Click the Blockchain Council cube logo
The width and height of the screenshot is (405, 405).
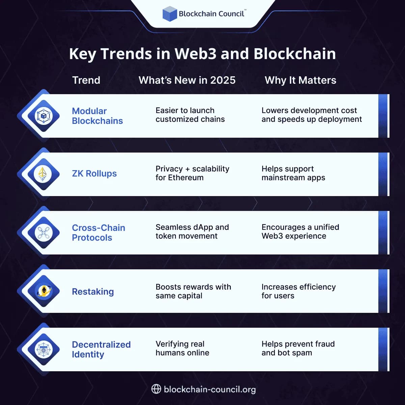[x=170, y=14]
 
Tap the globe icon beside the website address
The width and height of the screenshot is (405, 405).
[x=156, y=389]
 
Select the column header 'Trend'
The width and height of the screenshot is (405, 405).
[x=86, y=80]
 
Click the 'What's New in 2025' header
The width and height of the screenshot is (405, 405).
[x=187, y=80]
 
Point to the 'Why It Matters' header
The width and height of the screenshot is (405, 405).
[x=300, y=80]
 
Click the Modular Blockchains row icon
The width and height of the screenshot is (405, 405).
[x=43, y=116]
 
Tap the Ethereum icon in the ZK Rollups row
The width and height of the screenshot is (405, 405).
[x=43, y=174]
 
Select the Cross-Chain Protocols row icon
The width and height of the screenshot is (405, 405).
[x=43, y=233]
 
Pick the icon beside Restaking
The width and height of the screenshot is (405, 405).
[x=44, y=291]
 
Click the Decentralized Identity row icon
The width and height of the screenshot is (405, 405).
[x=43, y=349]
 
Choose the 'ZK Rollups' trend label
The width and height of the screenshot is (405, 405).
[x=94, y=173]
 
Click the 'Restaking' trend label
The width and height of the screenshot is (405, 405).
[x=93, y=292]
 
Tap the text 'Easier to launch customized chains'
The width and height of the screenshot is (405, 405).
[x=190, y=115]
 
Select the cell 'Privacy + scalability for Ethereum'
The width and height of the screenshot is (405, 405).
[x=192, y=173]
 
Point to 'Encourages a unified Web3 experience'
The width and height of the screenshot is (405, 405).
[x=300, y=232]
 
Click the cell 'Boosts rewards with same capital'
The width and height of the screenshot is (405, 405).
[x=193, y=291]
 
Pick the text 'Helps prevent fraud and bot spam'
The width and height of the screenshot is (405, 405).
[x=298, y=348]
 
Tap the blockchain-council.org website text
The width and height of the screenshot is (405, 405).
[x=210, y=389]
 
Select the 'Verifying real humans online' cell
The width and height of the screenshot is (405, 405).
[x=182, y=348]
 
